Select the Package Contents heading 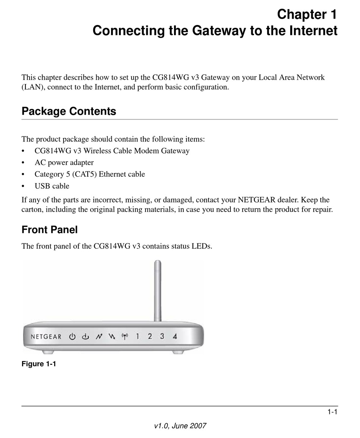coord(69,111)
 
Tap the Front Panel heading coord(49,230)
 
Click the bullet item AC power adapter coord(64,162)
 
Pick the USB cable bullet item coord(52,186)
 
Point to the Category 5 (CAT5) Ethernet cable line coord(89,174)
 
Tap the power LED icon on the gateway coord(72,336)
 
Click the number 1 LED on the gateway coord(138,336)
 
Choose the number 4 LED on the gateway coord(175,336)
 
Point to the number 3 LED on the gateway coord(162,336)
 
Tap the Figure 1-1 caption coord(39,364)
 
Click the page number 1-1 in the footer coord(332,412)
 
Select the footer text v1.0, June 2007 coord(180,426)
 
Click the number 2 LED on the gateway coord(150,336)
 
